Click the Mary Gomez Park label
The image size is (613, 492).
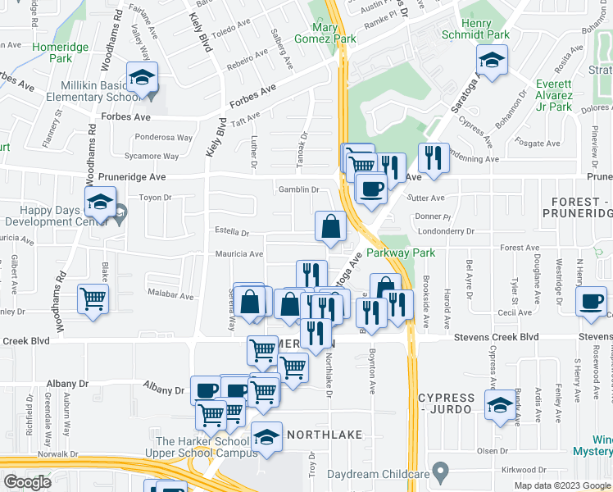335,33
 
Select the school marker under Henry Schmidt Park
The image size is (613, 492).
492,61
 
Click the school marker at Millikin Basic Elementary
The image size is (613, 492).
143,79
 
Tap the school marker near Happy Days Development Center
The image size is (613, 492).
98,202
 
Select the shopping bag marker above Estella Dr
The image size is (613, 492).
329,227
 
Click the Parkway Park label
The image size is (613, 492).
401,253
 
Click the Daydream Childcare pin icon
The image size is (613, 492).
441,473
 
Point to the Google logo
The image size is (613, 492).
27,481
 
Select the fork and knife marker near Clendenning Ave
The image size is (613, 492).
433,157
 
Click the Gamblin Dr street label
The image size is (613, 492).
297,189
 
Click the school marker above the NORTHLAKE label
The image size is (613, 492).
266,438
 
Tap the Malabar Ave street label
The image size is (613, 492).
170,294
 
